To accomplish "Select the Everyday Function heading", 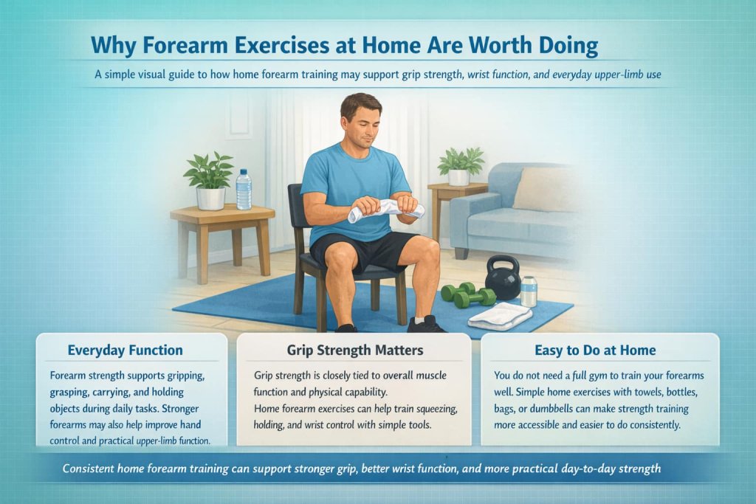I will click(125, 350).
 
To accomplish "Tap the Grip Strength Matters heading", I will click(354, 350).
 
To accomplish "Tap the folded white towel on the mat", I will click(500, 317).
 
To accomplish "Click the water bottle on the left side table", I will click(244, 190).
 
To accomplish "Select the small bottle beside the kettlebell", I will click(529, 291).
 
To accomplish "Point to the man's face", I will click(361, 120).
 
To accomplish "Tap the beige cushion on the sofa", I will click(547, 189).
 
